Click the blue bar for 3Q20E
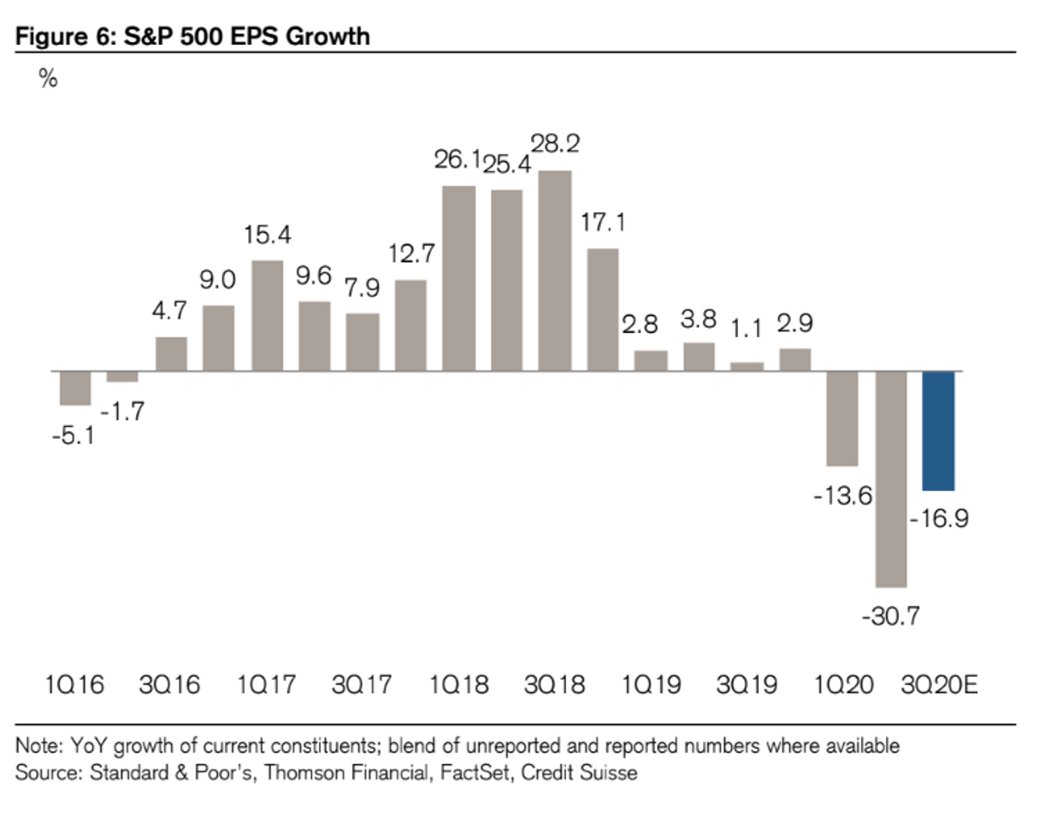coord(938,431)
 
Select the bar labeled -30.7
coord(891,478)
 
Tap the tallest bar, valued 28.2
coord(555,270)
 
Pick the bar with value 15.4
coord(267,316)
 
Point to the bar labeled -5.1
coord(75,388)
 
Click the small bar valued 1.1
coord(747,366)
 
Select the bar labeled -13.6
coord(842,418)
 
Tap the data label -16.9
coord(939,518)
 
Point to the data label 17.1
coord(603,222)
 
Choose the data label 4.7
coord(169,311)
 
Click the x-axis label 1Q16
coord(74,685)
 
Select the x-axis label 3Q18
coord(554,685)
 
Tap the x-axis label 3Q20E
coord(939,685)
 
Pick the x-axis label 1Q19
coord(650,685)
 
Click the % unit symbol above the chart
coord(48,79)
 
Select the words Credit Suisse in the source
coord(579,773)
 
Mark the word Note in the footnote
coord(33,745)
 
